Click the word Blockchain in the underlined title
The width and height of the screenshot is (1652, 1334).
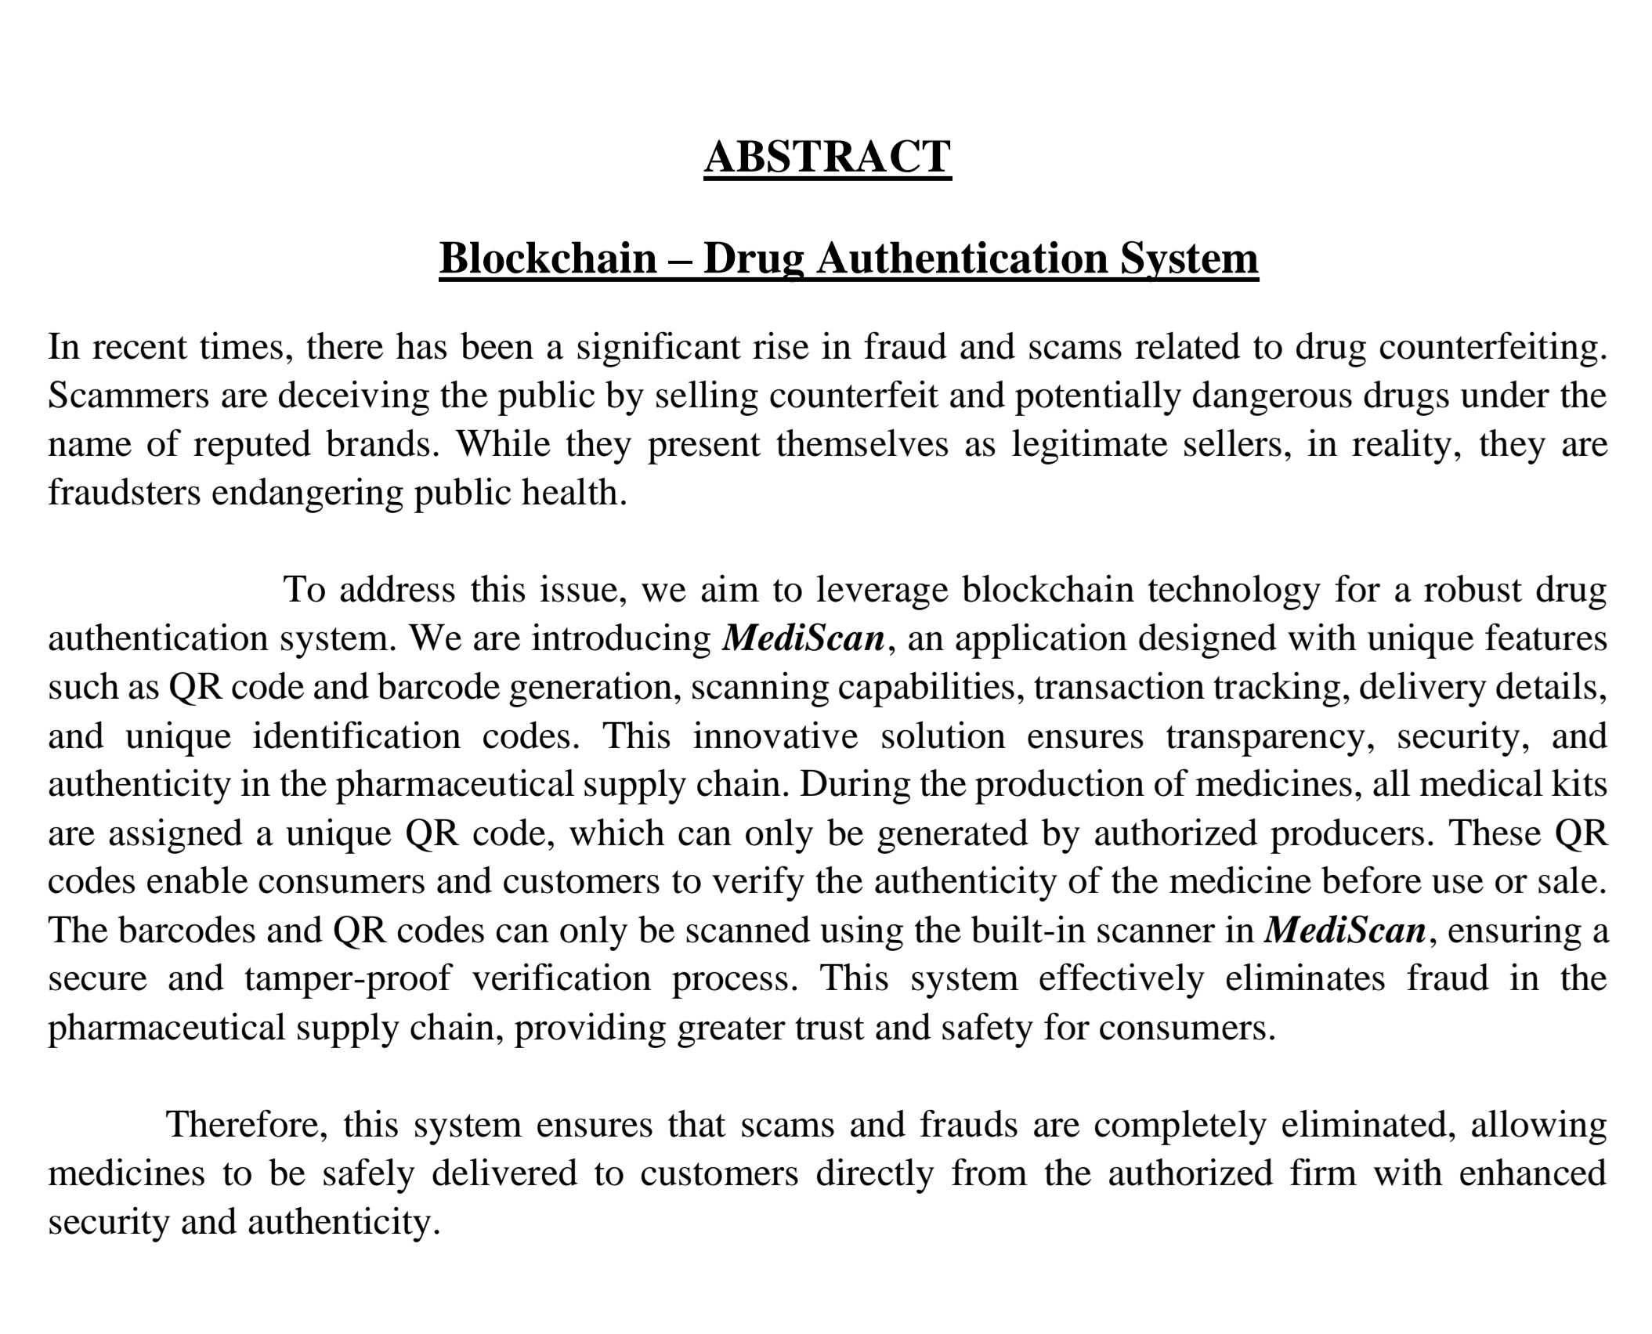[548, 258]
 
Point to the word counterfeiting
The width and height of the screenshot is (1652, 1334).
[1492, 346]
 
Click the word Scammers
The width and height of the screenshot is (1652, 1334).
[128, 395]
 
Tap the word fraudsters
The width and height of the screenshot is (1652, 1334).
[125, 493]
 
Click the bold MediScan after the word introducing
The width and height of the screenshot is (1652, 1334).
[803, 638]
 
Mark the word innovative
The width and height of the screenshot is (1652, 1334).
[775, 736]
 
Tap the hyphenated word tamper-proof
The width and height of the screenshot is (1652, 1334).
[348, 978]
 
